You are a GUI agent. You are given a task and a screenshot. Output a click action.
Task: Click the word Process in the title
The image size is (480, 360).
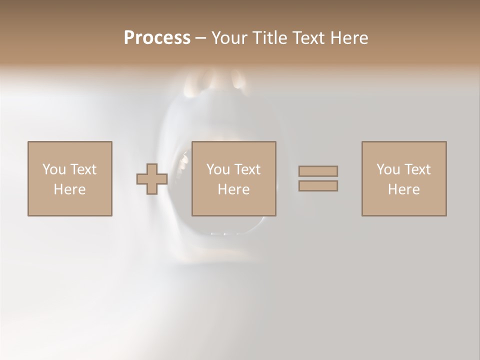157,38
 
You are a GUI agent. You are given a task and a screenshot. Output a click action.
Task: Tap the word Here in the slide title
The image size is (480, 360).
350,38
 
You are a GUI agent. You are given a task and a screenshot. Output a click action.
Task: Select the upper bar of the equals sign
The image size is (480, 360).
318,171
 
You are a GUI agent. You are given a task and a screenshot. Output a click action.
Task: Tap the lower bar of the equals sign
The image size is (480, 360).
318,186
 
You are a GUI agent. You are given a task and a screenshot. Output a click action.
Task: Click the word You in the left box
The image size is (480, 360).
54,169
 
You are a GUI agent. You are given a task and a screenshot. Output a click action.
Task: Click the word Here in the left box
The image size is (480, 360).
69,189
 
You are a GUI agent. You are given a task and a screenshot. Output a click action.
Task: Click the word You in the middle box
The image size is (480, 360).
218,169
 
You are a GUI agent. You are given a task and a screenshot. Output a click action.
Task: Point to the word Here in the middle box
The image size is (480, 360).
233,189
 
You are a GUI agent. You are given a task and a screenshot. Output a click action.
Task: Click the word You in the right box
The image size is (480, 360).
388,169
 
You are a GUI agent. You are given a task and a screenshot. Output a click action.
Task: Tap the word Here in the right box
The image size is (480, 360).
403,189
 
